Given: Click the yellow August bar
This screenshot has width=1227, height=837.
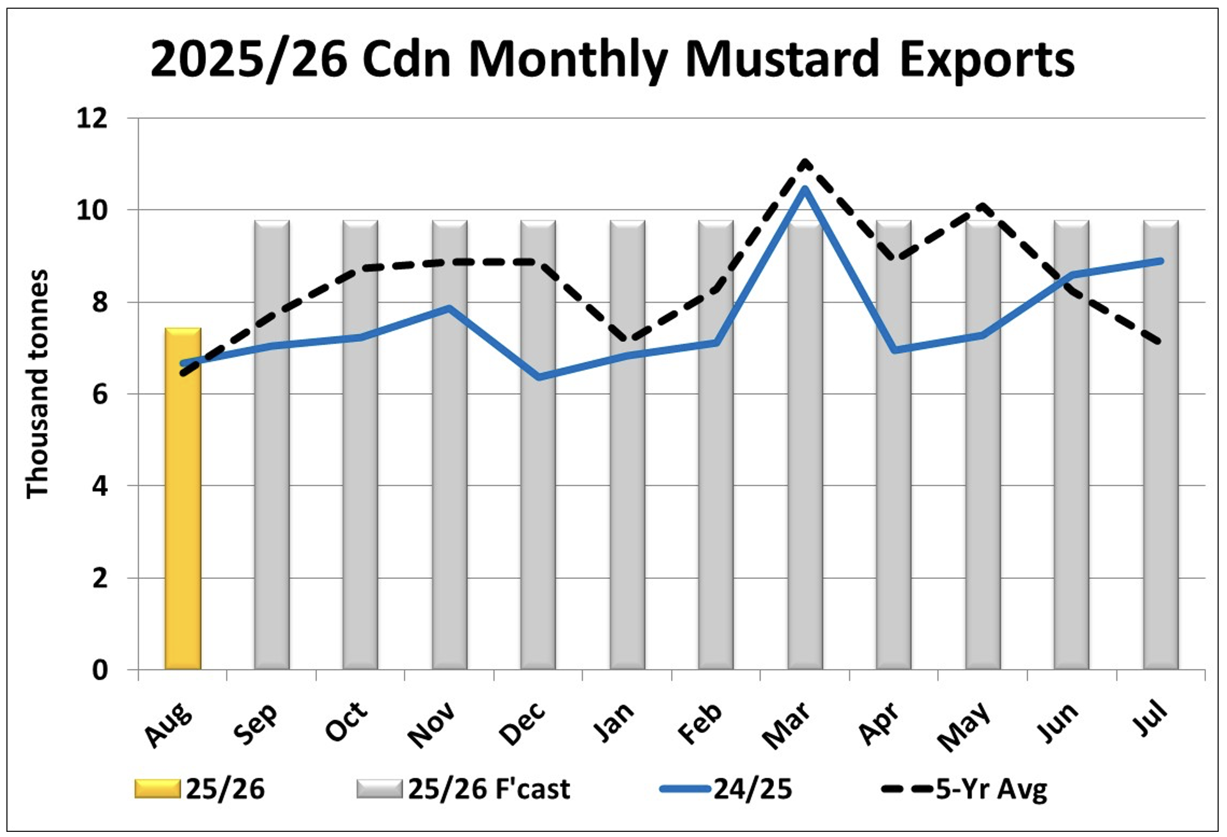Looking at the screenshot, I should click(x=183, y=498).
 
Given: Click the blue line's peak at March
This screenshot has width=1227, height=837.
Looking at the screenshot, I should click(x=805, y=188).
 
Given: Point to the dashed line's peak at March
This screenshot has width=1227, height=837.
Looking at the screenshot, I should click(x=805, y=162).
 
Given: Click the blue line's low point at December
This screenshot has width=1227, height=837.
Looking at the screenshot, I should click(x=539, y=377).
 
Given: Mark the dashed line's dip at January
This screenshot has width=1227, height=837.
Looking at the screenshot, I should click(x=629, y=341).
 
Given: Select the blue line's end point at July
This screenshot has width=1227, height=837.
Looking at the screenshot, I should click(x=1161, y=261).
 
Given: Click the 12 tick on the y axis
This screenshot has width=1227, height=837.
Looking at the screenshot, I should click(x=92, y=118).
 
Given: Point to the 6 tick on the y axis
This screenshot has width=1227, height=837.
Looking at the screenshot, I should click(x=100, y=394).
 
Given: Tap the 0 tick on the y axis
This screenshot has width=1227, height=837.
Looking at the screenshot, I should click(x=100, y=670).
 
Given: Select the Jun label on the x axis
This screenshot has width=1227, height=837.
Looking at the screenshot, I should click(x=1058, y=722).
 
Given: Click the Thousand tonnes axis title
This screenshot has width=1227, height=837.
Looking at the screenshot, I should click(x=37, y=383).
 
